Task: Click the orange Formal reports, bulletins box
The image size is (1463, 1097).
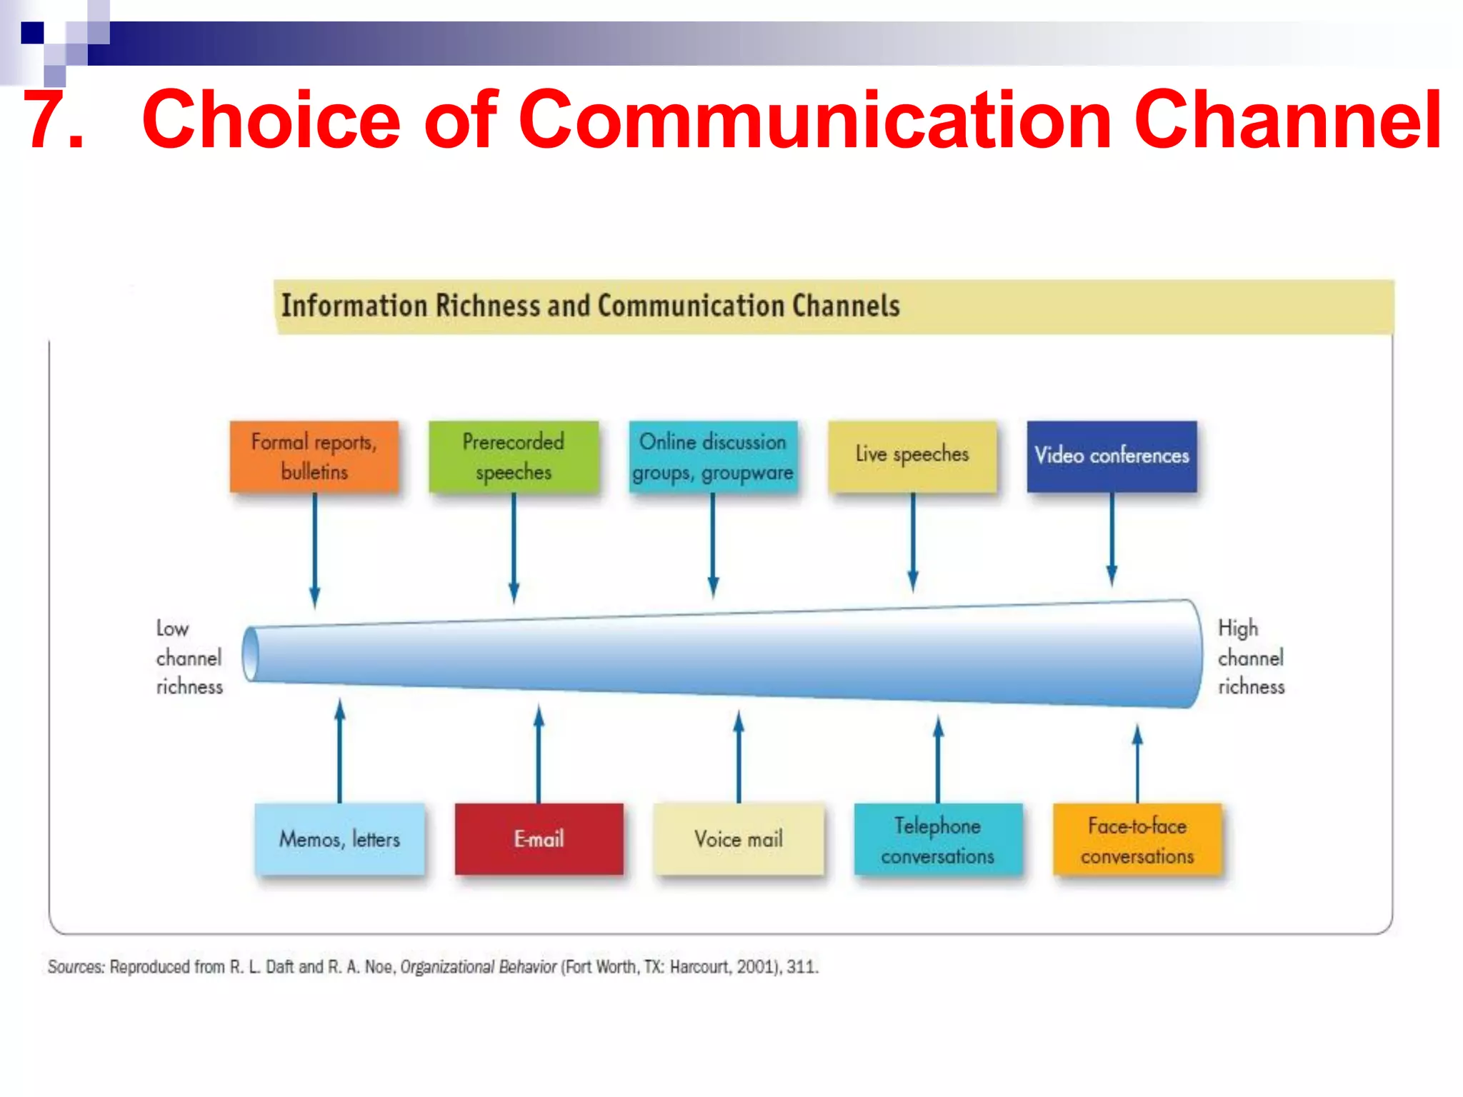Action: coord(314,456)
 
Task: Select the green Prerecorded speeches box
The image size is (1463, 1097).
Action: coord(513,456)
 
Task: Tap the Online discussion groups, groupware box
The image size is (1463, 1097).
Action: coord(713,456)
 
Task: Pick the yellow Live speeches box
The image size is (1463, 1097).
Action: coord(912,455)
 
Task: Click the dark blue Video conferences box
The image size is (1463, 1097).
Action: coord(1112,456)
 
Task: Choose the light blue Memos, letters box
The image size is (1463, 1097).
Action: coord(339,838)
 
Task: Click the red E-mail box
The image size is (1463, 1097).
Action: coord(539,838)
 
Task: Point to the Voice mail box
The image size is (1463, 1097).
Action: coord(739,838)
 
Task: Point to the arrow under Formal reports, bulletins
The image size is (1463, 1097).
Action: coord(314,550)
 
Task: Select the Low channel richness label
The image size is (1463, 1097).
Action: coord(189,657)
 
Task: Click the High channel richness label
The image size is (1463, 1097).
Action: coord(1251,657)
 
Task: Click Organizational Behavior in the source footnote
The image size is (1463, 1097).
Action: coord(478,967)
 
